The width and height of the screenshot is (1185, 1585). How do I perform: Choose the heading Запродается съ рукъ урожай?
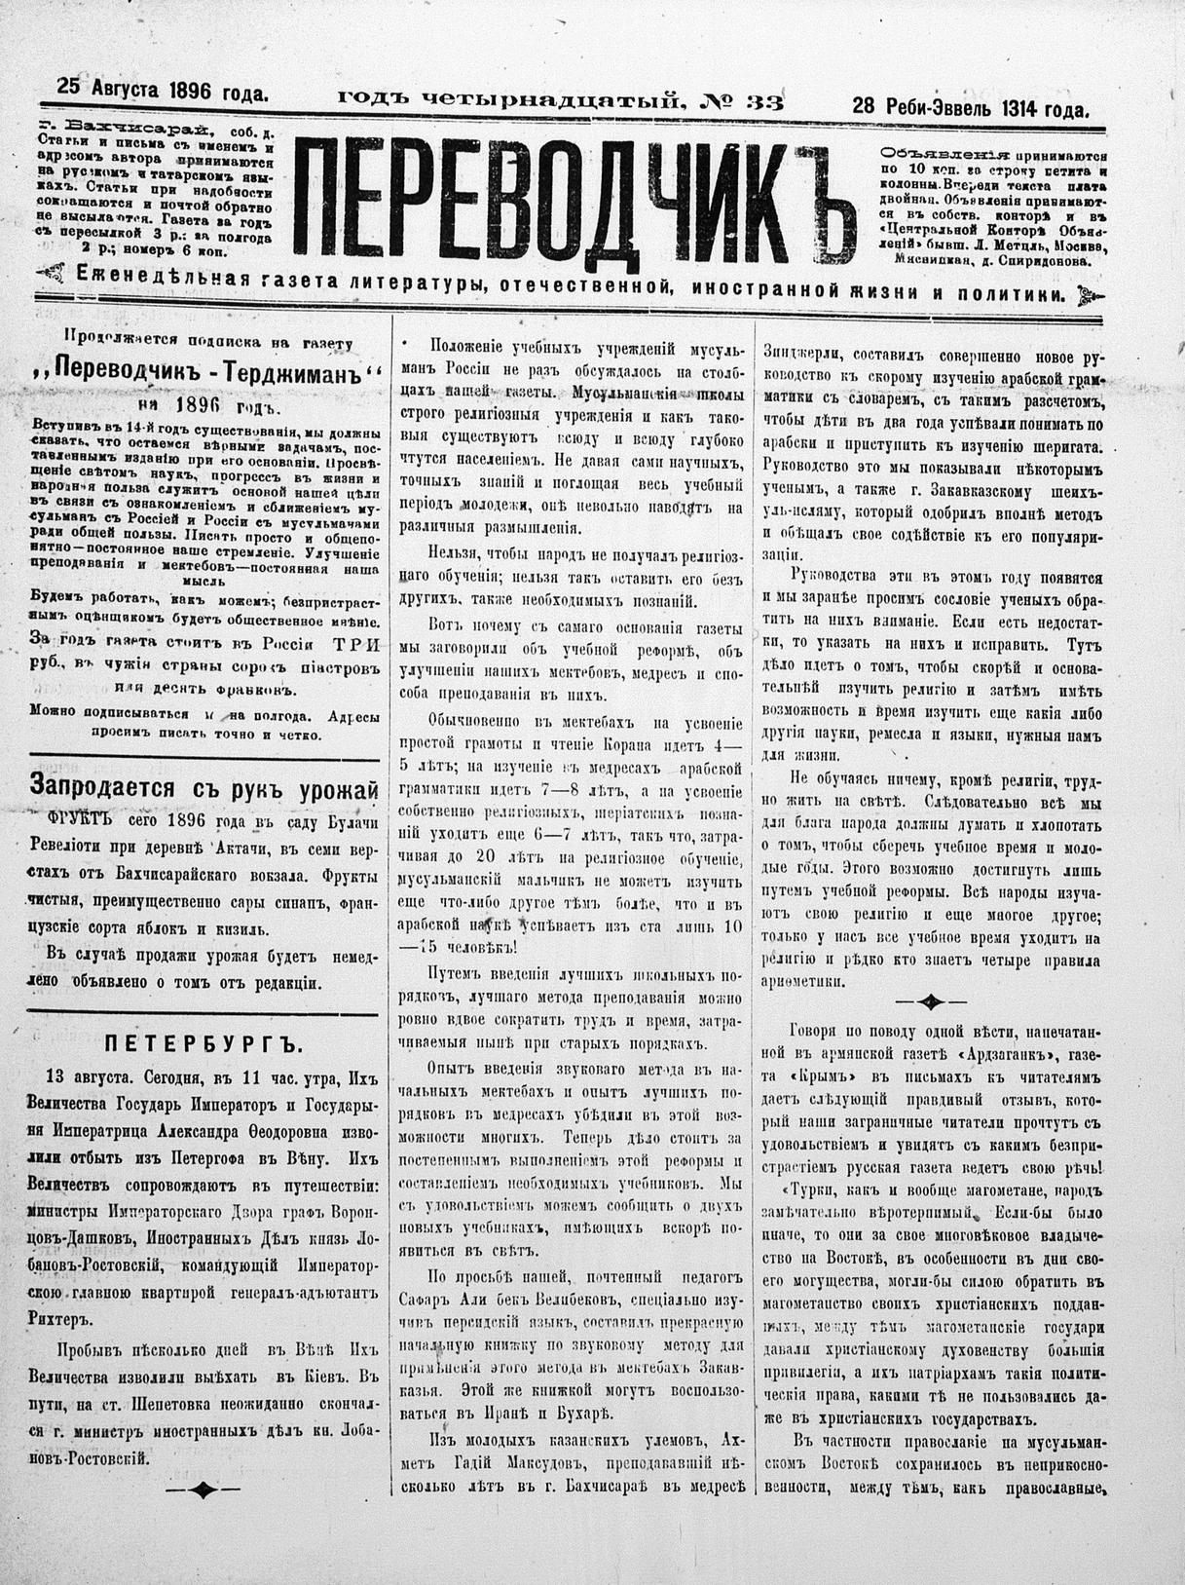(204, 785)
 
